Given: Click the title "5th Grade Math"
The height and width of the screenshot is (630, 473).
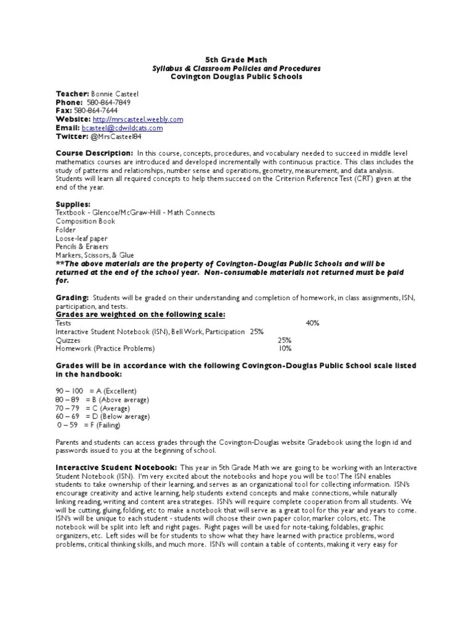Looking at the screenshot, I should click(x=236, y=60).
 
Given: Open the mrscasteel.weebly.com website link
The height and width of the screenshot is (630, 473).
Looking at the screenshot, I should click(x=137, y=119).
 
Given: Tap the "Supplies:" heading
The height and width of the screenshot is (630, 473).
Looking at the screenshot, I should click(x=73, y=204).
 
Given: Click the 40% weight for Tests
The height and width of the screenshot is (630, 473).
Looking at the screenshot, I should click(x=312, y=322).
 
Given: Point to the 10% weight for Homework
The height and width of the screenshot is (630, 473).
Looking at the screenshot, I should click(x=285, y=348).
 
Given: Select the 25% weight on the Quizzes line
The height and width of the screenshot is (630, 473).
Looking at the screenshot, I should click(x=285, y=340).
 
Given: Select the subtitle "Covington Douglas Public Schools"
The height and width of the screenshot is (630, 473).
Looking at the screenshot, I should click(x=236, y=77).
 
